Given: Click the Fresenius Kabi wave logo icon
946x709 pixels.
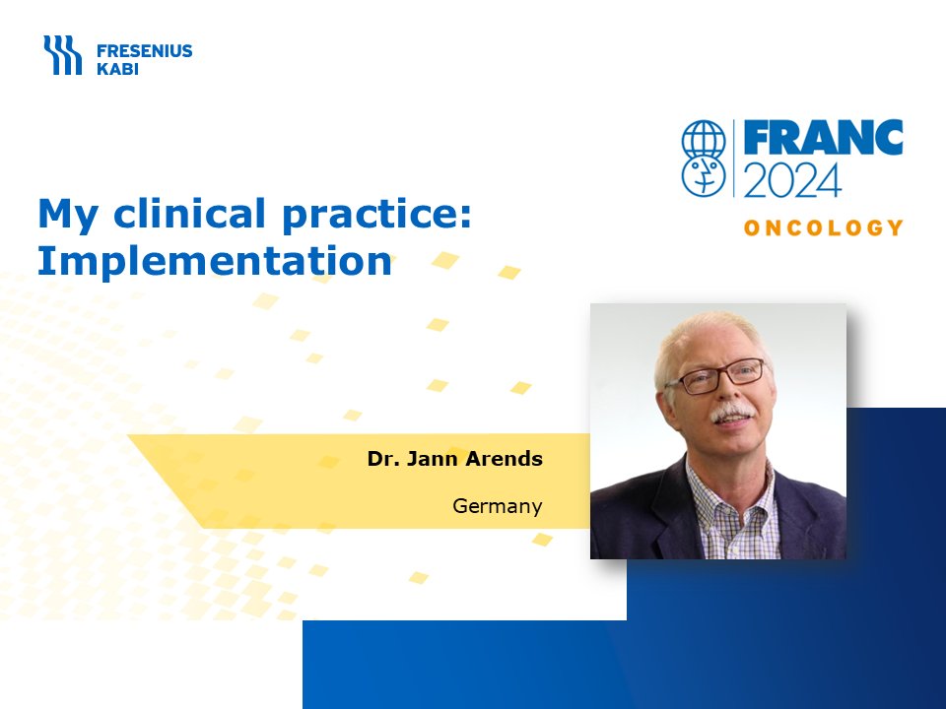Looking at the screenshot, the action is [x=63, y=55].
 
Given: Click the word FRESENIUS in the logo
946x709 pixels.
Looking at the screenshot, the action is [x=144, y=50].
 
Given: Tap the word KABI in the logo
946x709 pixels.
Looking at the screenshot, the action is [x=117, y=69].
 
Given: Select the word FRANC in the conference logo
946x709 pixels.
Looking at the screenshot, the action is [x=823, y=137].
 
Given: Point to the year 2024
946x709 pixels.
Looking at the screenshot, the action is [x=792, y=179].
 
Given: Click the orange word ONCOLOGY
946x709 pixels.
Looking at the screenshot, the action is [x=824, y=227].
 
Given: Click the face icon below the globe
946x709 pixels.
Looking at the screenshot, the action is [x=704, y=176].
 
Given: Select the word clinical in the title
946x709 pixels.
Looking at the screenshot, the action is [x=189, y=213].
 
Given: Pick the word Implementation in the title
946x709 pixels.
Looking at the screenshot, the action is [x=215, y=262].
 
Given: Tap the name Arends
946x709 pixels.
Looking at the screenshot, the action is [x=504, y=459].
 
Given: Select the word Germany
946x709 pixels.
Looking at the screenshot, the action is [x=497, y=506].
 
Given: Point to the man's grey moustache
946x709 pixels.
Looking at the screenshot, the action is [x=731, y=413].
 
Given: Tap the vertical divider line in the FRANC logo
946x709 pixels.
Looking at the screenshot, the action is [x=733, y=158].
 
